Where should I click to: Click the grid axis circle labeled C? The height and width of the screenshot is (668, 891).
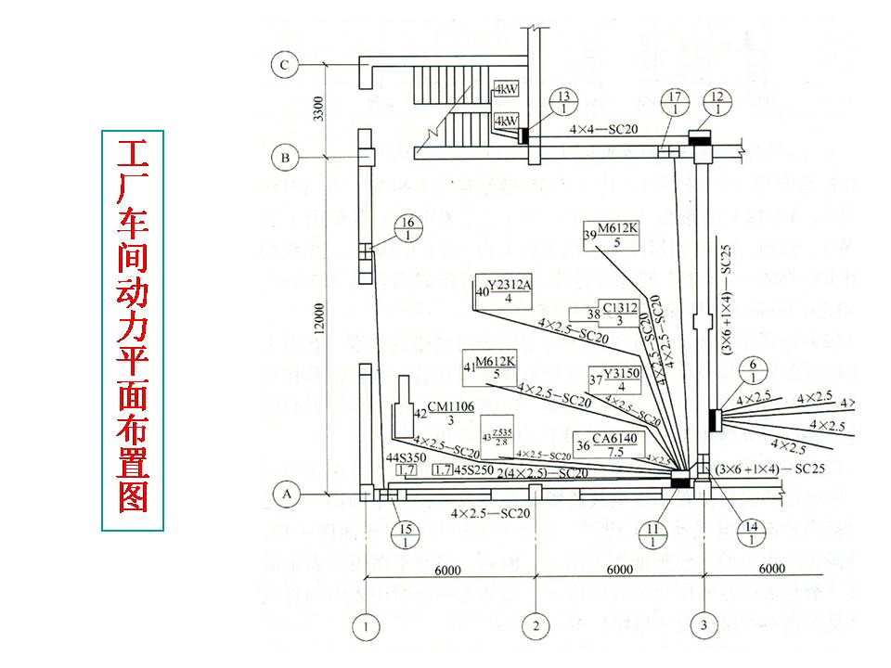click(285, 65)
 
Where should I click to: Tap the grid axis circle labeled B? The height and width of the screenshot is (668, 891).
click(285, 159)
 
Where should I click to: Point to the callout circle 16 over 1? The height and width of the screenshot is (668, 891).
click(405, 228)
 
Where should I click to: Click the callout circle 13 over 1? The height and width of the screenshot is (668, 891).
click(562, 102)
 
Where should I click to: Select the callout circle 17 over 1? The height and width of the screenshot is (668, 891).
click(676, 102)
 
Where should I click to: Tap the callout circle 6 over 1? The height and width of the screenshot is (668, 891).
click(754, 371)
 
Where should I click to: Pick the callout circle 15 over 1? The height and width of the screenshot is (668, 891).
click(405, 535)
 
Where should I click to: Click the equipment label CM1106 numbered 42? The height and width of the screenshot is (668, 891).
click(444, 413)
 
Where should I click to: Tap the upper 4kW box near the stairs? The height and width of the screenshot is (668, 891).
click(506, 91)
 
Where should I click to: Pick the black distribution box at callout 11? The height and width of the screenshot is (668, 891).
click(681, 480)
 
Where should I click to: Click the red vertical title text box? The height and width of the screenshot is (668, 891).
click(132, 330)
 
